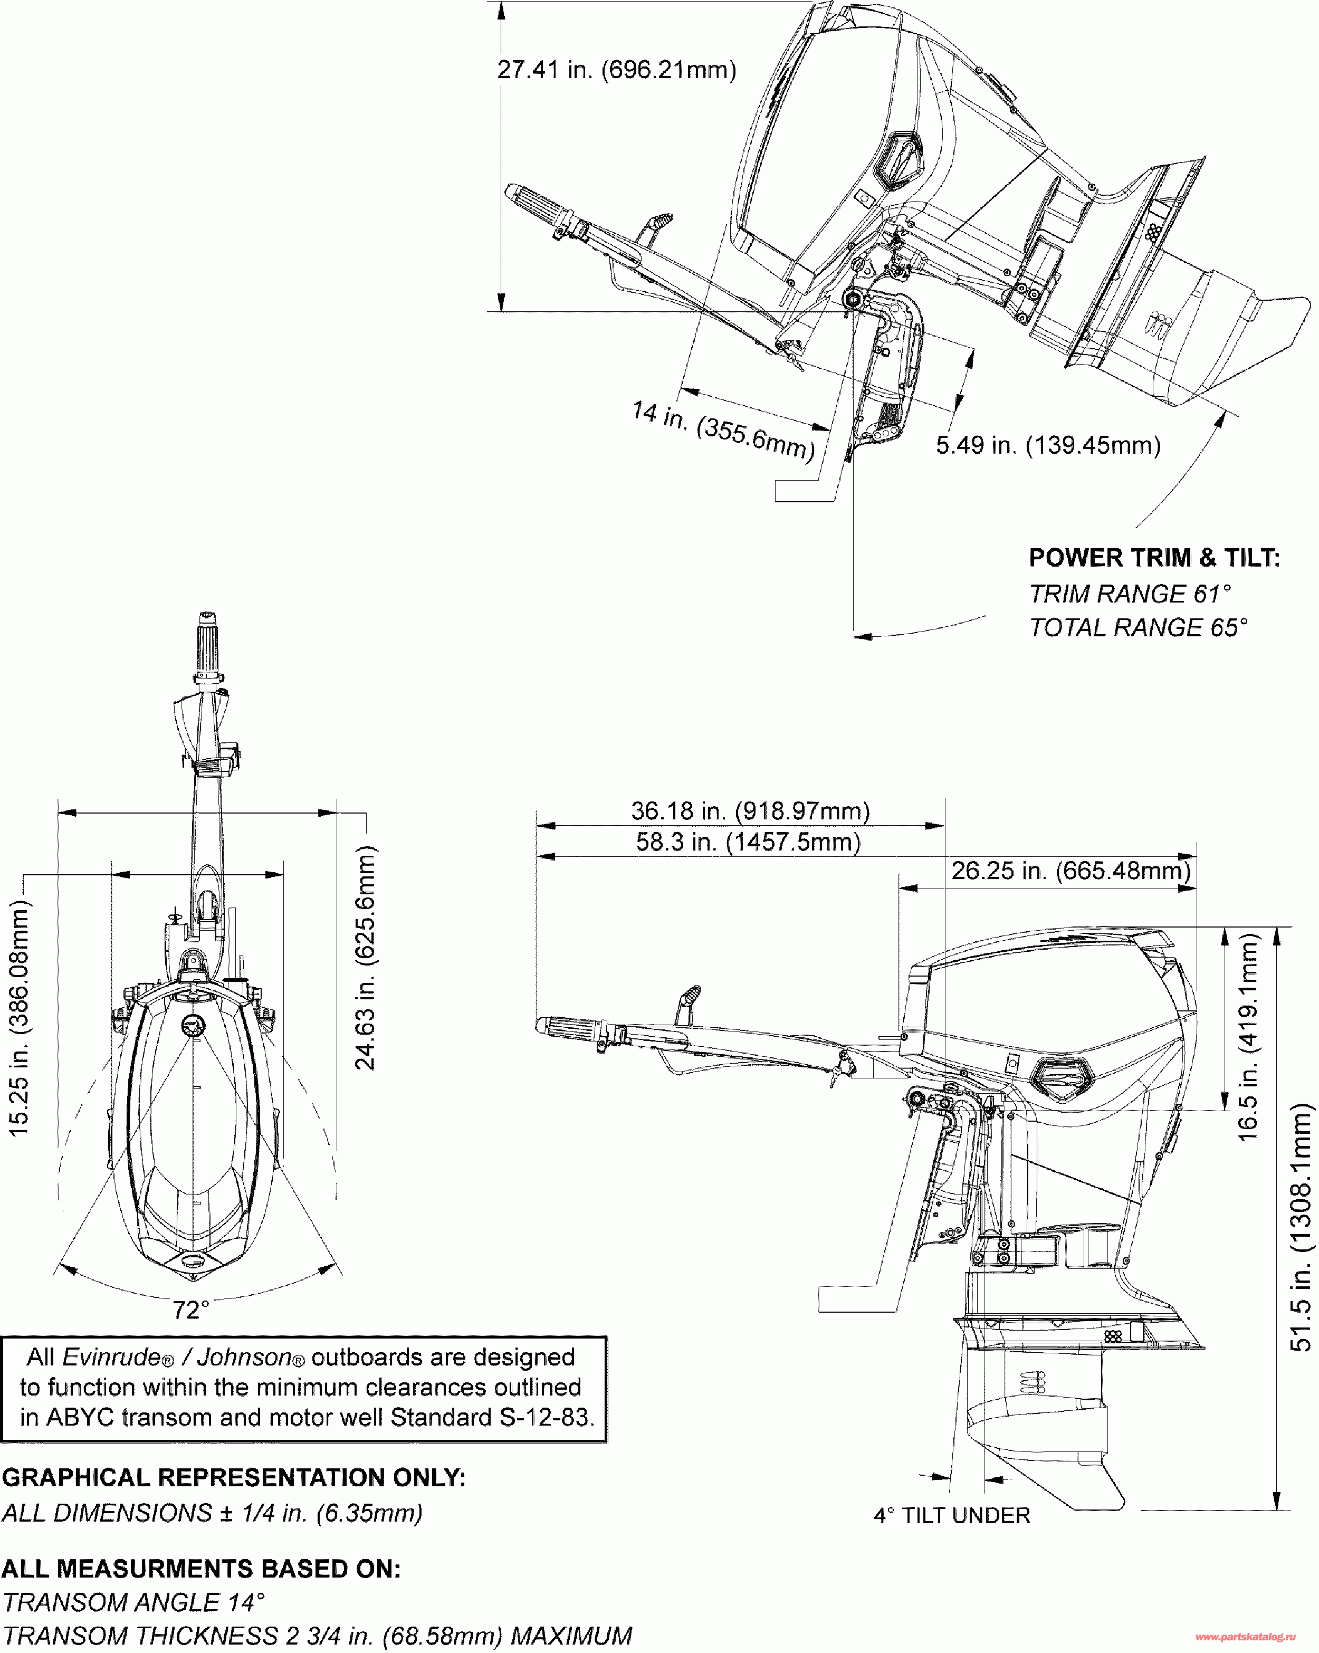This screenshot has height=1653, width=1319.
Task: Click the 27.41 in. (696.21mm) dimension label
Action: click(617, 70)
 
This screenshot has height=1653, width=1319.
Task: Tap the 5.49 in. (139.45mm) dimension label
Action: click(1047, 445)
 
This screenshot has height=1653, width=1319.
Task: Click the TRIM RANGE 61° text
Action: click(1130, 594)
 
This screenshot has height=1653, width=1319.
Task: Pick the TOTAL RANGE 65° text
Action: click(1138, 628)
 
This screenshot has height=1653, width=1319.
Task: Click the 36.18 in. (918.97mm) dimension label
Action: click(750, 811)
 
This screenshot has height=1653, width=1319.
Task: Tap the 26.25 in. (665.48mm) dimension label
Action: click(1071, 871)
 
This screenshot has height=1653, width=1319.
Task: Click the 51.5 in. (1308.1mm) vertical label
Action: click(1301, 1227)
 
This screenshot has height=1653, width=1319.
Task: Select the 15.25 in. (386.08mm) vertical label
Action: click(18, 1018)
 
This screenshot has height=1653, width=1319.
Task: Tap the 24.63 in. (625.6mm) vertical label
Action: click(366, 958)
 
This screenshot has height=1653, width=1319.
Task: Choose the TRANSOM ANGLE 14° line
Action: click(133, 1602)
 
